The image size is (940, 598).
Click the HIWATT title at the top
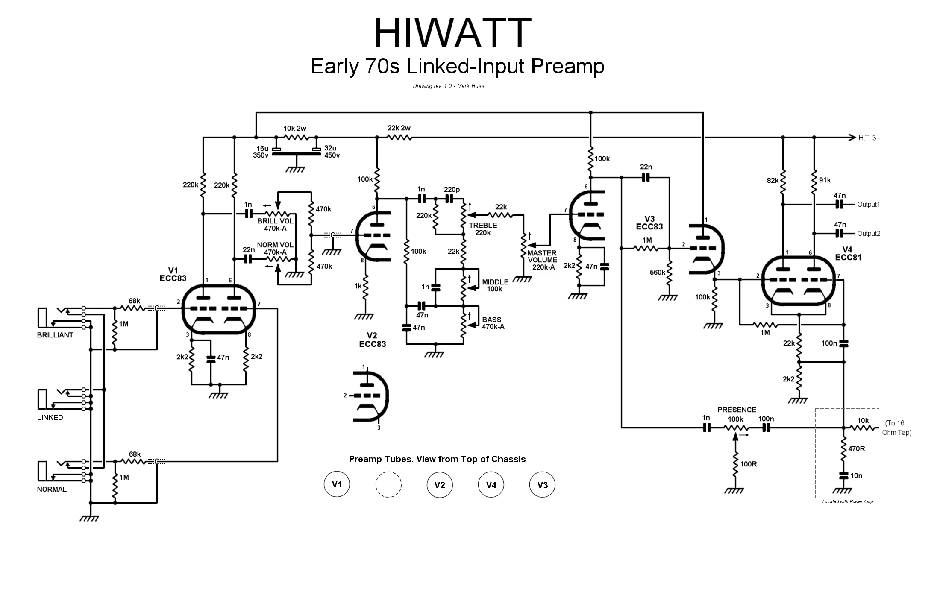click(x=452, y=33)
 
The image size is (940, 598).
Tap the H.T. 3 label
click(x=867, y=138)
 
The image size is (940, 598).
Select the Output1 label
click(x=869, y=205)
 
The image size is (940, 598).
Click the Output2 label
click(x=869, y=234)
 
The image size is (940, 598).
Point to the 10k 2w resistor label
click(x=295, y=129)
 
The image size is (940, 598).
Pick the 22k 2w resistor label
click(x=399, y=128)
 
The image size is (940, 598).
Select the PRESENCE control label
click(x=737, y=410)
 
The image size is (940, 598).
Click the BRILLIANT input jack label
click(x=55, y=335)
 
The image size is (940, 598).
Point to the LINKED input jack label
click(x=50, y=418)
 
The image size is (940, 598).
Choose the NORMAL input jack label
click(x=52, y=490)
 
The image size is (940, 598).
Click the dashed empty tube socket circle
click(x=388, y=484)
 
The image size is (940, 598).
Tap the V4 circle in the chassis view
click(x=491, y=485)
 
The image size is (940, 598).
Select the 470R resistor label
click(x=857, y=449)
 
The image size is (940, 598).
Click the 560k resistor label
click(x=658, y=273)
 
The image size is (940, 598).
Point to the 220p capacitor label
click(x=452, y=190)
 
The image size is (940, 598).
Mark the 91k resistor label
click(x=825, y=180)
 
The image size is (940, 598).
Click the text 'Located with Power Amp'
click(x=847, y=501)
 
